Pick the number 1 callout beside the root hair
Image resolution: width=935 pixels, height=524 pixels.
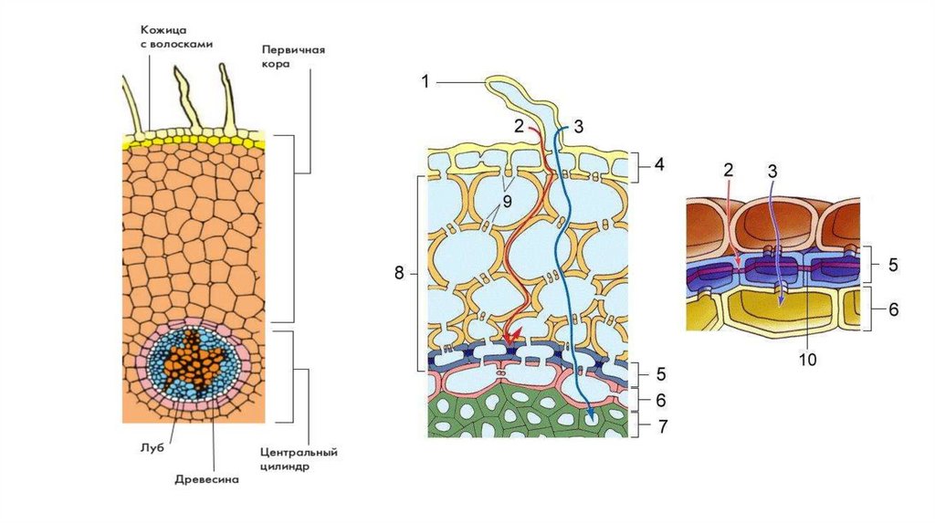tap(425, 83)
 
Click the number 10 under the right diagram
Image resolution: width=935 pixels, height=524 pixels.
tap(806, 359)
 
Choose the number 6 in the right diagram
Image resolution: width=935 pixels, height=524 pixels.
tap(892, 309)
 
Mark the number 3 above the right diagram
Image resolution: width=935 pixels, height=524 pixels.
tap(772, 171)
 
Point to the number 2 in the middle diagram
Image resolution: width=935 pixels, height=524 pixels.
tap(519, 127)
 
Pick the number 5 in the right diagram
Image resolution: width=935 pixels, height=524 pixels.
tap(892, 266)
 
